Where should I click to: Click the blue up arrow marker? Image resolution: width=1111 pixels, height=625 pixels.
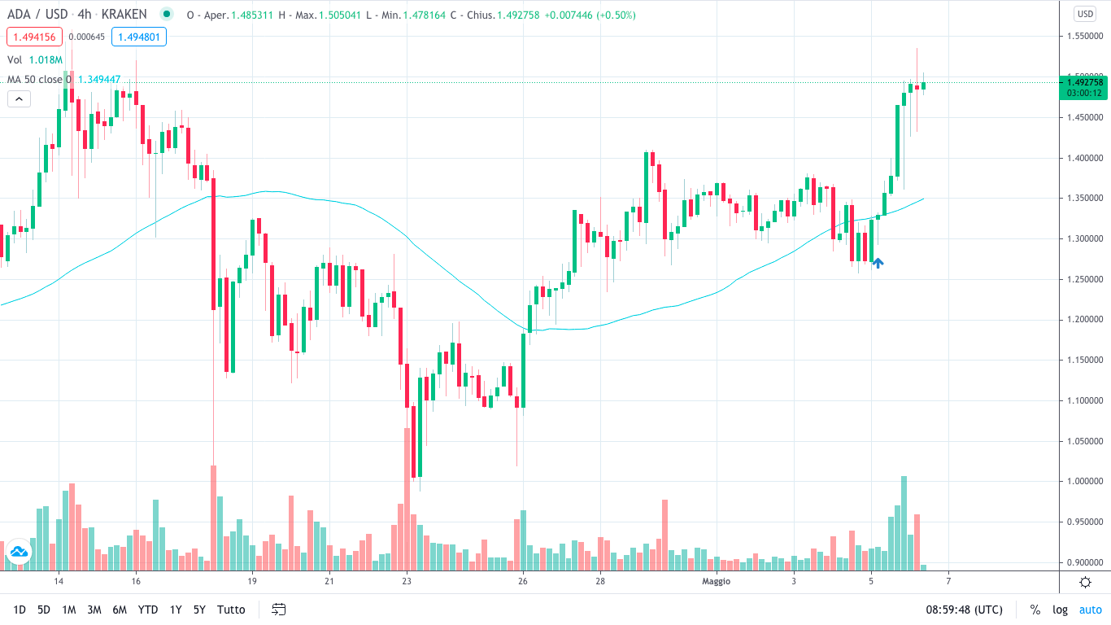(x=878, y=262)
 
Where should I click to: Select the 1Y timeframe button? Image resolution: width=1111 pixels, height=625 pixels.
(x=176, y=610)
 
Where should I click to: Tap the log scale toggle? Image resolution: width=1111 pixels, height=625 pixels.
(x=1060, y=610)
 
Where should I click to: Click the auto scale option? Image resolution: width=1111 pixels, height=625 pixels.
(x=1090, y=610)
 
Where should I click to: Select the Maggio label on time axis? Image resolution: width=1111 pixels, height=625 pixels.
(x=717, y=581)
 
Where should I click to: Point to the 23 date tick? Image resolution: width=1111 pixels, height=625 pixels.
(x=407, y=581)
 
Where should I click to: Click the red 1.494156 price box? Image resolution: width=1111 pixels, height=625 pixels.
(x=34, y=37)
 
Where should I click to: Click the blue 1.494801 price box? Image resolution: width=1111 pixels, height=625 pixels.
(x=139, y=37)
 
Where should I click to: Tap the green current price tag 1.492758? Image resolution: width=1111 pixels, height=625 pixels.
(x=1084, y=82)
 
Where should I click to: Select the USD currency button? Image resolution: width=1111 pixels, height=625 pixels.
(x=1085, y=14)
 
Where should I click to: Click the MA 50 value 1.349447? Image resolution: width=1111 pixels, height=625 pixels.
(x=99, y=80)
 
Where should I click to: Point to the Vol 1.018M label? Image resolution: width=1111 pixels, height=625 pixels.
(x=35, y=59)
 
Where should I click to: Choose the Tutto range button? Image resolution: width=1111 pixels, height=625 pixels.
(x=231, y=610)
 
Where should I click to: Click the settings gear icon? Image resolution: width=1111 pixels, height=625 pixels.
(x=1085, y=582)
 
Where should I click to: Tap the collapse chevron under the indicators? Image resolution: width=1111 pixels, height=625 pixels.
(x=19, y=99)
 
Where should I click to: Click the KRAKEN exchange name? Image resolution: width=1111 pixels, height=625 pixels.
(x=124, y=15)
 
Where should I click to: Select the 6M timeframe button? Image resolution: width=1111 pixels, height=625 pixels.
(x=120, y=610)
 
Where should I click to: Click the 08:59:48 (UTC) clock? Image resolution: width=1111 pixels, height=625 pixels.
(x=964, y=610)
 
